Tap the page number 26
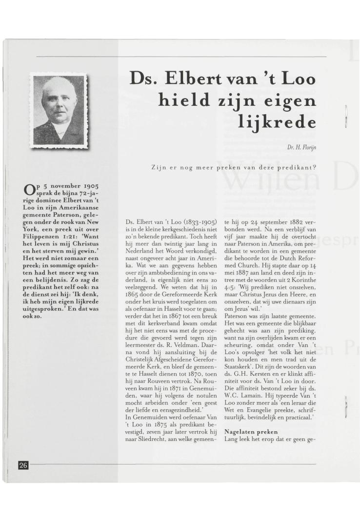[x=23, y=465]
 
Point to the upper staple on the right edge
[x=346, y=116]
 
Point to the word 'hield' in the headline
[x=183, y=100]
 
